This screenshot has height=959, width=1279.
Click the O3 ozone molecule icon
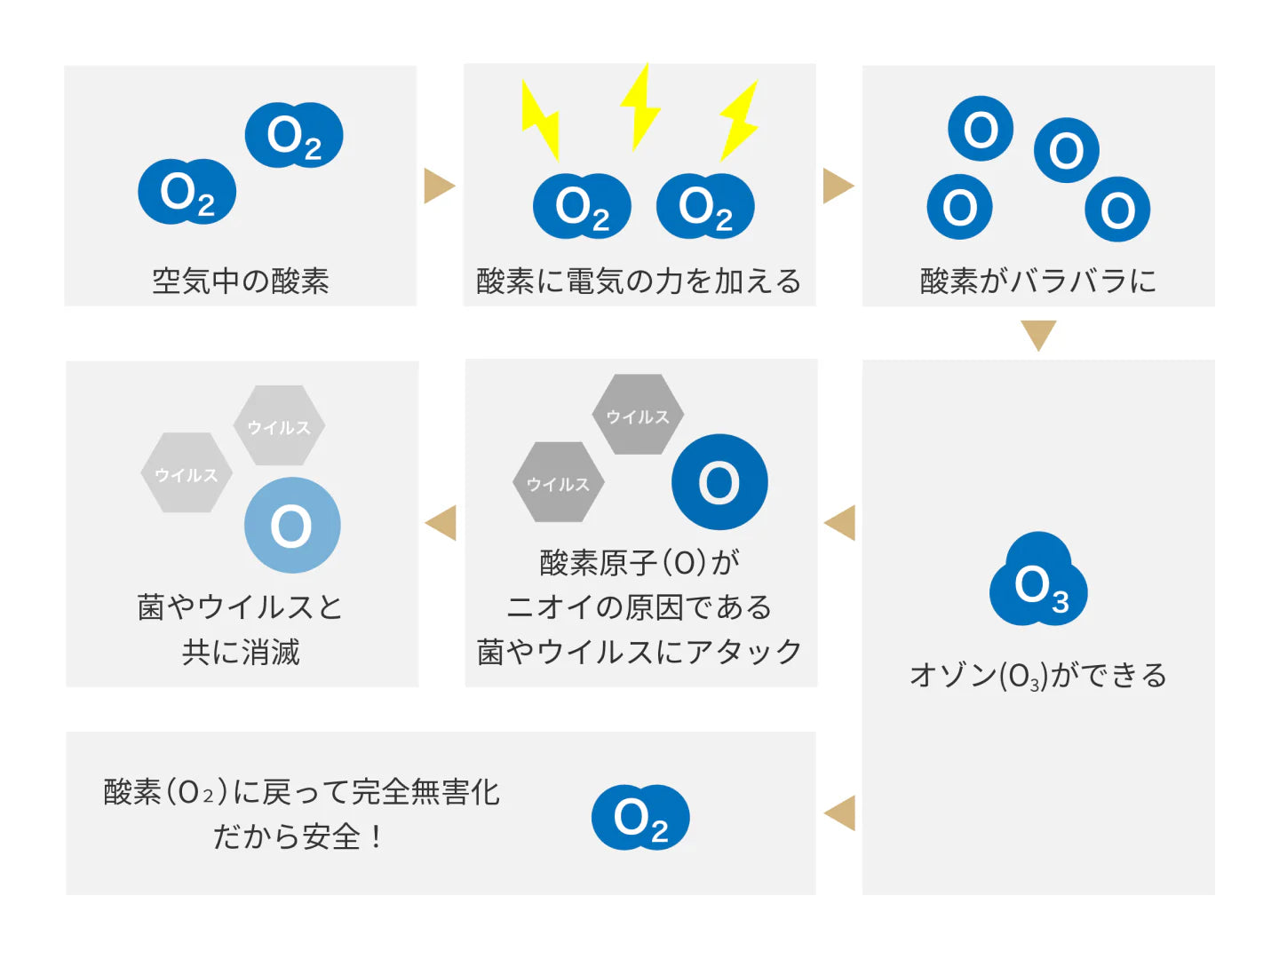(1037, 582)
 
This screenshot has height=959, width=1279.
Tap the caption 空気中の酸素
(240, 281)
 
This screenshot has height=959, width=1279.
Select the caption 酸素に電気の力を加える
(639, 281)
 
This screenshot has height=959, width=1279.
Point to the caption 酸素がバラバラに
(1037, 281)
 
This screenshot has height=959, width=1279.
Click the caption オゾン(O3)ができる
(1037, 676)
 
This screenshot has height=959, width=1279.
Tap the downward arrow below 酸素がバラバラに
(1037, 335)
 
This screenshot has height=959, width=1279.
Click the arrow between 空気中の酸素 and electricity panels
(439, 186)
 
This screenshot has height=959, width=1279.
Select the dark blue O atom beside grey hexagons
(719, 482)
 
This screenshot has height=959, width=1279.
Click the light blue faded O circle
(292, 525)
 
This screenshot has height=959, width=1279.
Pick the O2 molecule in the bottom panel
(640, 817)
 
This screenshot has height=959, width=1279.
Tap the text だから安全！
(298, 836)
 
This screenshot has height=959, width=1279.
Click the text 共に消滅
(241, 653)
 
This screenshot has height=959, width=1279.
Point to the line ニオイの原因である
(639, 607)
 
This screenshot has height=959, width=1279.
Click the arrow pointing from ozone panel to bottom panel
(840, 812)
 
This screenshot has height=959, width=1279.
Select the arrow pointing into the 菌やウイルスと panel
(441, 522)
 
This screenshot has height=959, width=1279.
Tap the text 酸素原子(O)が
(639, 562)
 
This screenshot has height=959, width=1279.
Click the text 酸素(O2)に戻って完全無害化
(301, 791)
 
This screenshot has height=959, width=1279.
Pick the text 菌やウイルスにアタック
(639, 653)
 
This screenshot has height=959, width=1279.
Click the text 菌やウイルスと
(240, 607)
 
